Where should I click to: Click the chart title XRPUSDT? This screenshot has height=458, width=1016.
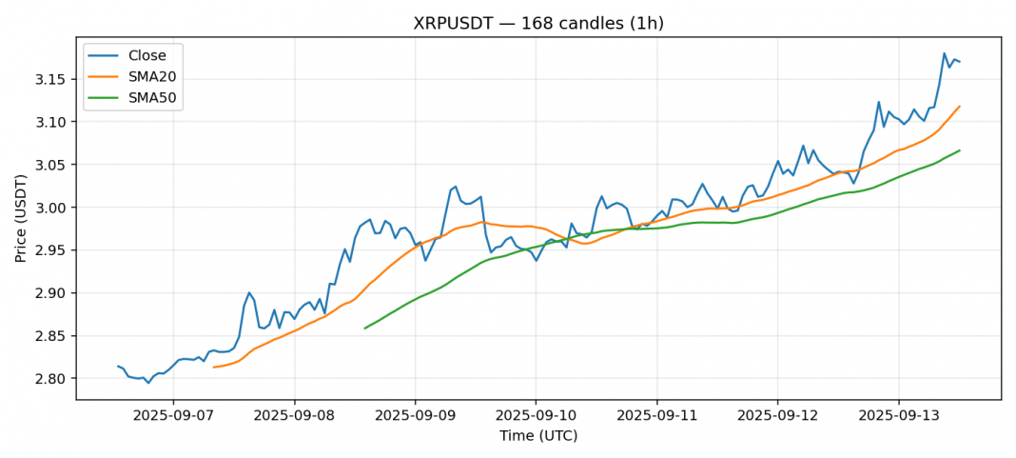538,23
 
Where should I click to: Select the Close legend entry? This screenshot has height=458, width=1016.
147,55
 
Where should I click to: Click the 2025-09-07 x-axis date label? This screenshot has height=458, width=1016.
173,416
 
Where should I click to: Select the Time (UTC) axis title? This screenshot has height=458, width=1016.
538,436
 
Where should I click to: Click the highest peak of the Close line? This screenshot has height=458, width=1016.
945,53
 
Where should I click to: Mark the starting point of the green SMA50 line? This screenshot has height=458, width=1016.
364,329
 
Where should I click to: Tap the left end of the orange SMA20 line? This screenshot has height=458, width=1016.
213,367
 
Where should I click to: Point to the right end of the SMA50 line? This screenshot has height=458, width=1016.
960,149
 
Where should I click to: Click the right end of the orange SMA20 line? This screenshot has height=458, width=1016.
960,106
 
